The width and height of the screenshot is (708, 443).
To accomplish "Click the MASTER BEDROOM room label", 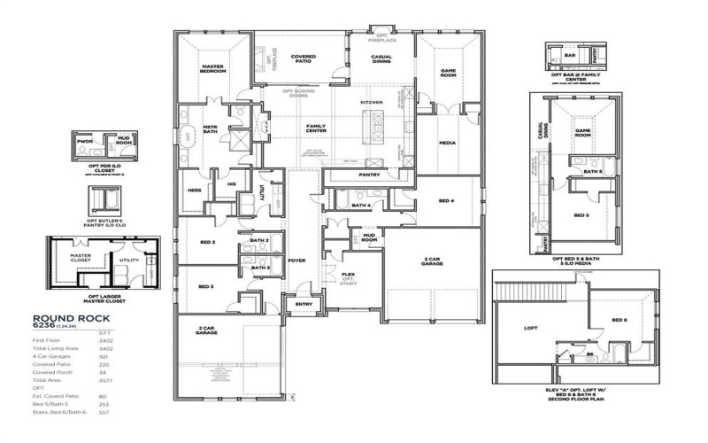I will (x=213, y=69).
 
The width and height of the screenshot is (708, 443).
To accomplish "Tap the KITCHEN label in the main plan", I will (x=371, y=104).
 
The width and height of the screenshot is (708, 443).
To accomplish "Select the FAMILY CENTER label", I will (x=316, y=128).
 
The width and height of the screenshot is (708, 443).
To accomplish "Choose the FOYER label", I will (x=296, y=260).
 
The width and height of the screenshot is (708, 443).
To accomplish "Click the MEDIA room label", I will (x=449, y=142).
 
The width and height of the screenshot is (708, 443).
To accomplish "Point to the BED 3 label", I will (x=205, y=287).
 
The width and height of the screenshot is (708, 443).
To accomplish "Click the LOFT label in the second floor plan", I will (x=531, y=328).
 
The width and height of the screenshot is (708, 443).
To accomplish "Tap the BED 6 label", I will (x=619, y=319).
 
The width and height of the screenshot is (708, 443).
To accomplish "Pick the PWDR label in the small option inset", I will (x=86, y=141).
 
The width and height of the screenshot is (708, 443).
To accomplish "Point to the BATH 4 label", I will (x=360, y=206).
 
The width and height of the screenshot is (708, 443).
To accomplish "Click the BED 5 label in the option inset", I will (x=581, y=215).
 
